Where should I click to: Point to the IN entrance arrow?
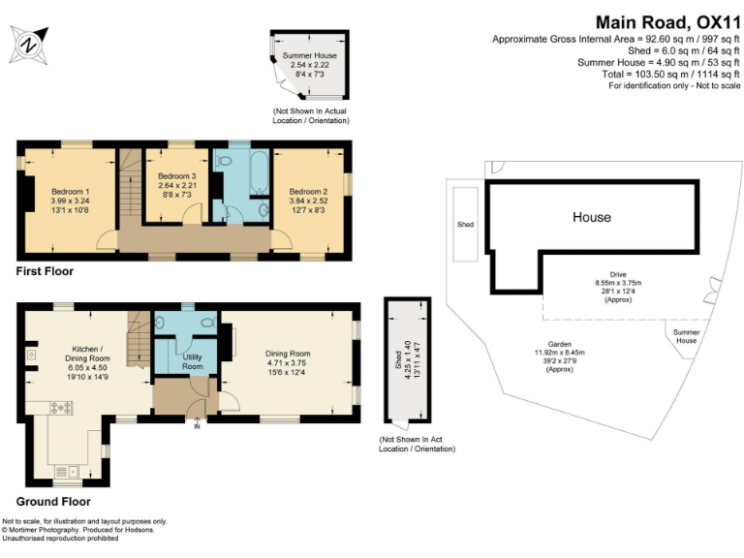coord(198,424)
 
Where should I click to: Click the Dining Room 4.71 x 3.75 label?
coord(288,361)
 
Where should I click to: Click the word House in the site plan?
coord(591,217)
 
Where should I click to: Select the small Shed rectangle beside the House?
coord(466,224)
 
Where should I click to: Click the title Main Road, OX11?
coord(666,21)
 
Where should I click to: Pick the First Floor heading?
coord(45,271)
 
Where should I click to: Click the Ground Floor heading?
coord(53,502)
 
